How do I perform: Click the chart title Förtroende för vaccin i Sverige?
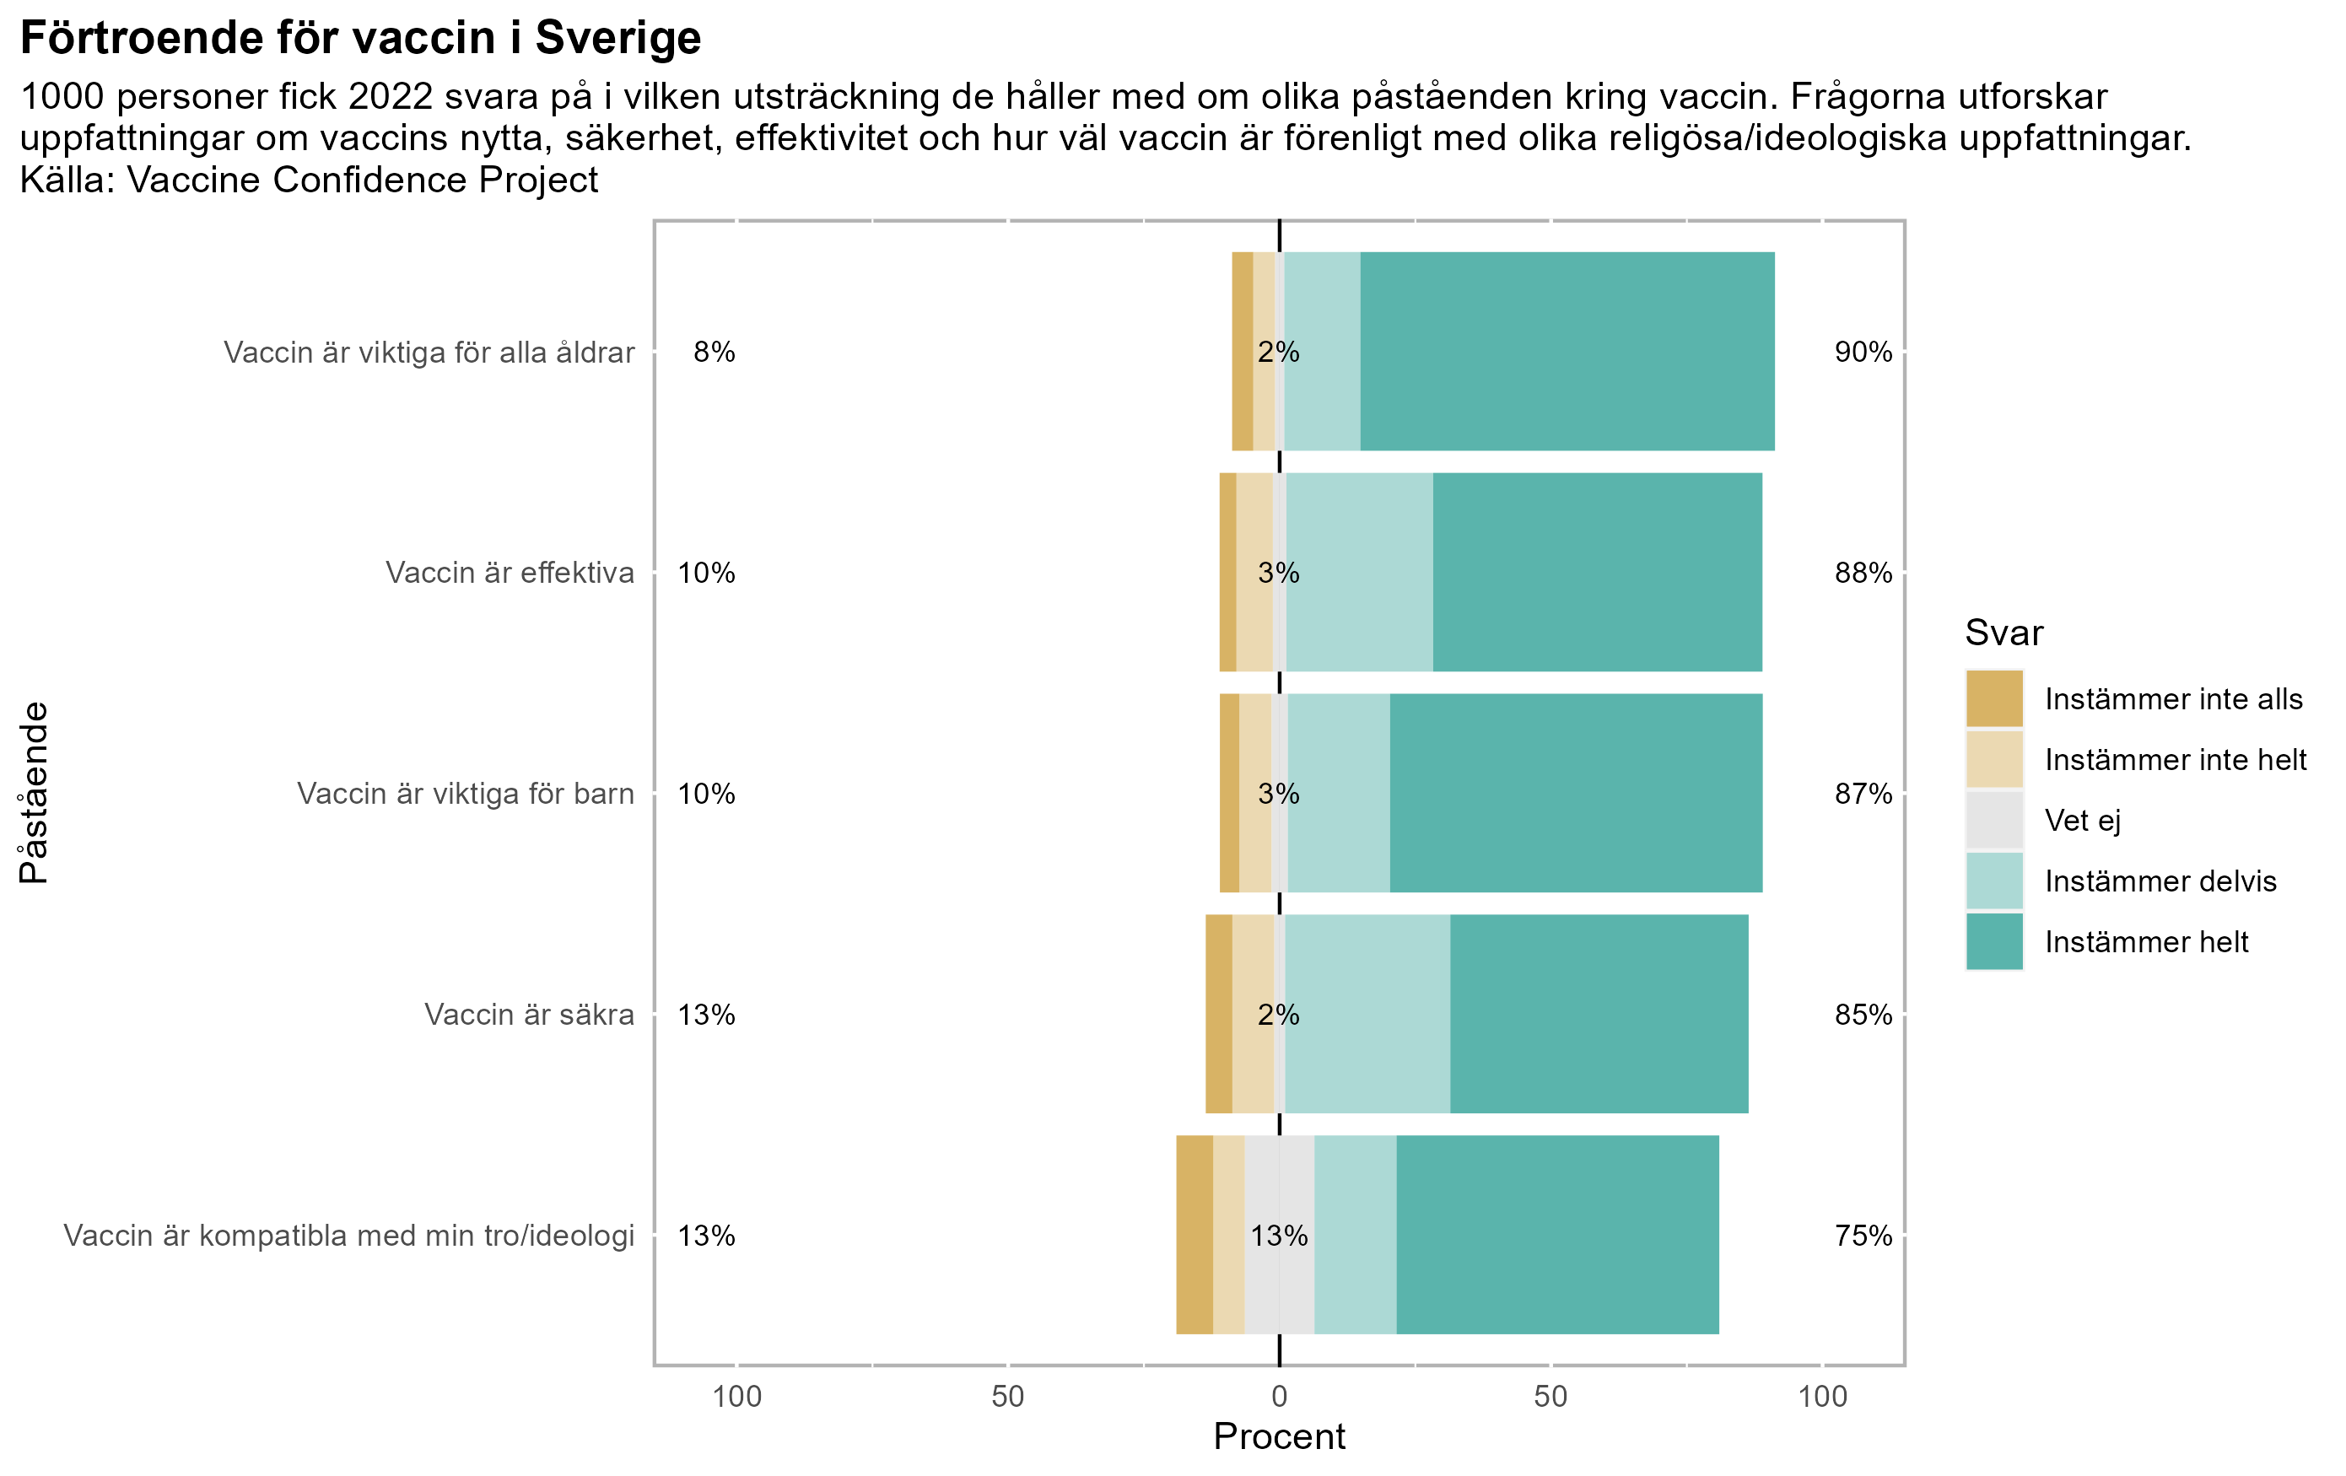(x=360, y=39)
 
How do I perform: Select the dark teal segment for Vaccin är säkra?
(x=1599, y=1013)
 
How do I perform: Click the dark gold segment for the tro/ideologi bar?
(x=1195, y=1235)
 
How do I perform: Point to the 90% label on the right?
(x=1863, y=352)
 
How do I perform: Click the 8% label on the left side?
(x=715, y=352)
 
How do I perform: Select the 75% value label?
(x=1863, y=1236)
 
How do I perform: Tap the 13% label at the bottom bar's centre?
(x=1279, y=1236)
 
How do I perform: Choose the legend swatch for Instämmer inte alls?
(x=1994, y=698)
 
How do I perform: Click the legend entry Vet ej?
(x=2082, y=821)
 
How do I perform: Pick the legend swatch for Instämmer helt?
(x=1994, y=941)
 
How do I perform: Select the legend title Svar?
(x=2003, y=633)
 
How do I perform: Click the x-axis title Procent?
(x=1278, y=1436)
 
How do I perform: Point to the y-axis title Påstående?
(x=33, y=792)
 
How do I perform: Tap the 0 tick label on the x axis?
(x=1279, y=1396)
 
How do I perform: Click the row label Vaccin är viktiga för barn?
(x=466, y=793)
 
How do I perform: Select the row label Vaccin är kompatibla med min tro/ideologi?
(x=348, y=1236)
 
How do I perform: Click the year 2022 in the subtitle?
(x=390, y=96)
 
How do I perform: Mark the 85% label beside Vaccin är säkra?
(x=1863, y=1014)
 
